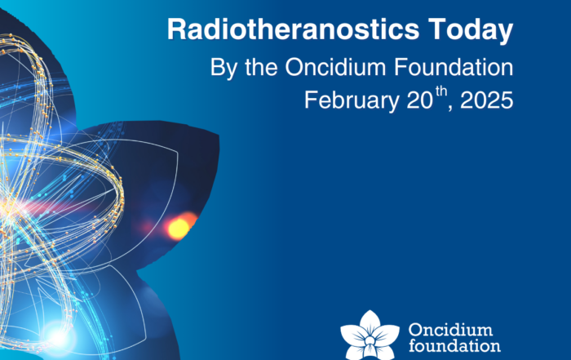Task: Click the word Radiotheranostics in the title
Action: coord(293,29)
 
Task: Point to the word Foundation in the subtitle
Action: coord(454,67)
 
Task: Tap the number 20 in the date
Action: coord(419,100)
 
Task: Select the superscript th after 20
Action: coord(441,91)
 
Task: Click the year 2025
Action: coord(487,100)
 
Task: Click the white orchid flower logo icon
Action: coord(370,336)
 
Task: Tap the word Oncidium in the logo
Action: coord(450,330)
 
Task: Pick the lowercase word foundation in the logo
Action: coord(454,345)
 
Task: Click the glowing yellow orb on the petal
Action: coord(179,228)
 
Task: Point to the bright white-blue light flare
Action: coord(58,337)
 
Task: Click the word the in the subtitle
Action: coord(261,67)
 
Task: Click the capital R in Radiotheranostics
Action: coord(177,29)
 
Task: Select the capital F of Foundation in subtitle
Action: coord(401,67)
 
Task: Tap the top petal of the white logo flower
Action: coord(370,322)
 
